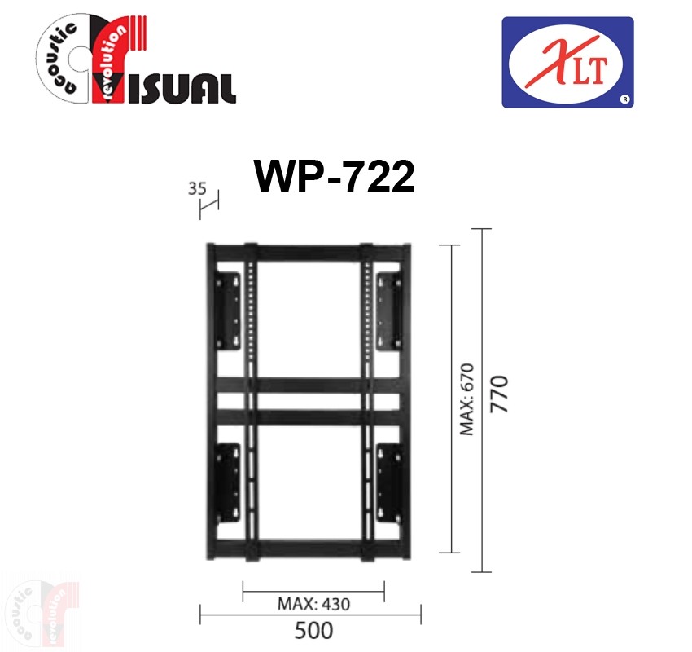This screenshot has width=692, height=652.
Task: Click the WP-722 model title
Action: [x=334, y=177]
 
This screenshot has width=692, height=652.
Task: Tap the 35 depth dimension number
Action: [x=197, y=188]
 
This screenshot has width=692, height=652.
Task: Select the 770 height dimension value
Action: [x=499, y=394]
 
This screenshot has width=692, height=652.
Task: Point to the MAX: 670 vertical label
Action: [x=466, y=399]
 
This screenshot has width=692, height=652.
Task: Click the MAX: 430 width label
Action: [x=313, y=604]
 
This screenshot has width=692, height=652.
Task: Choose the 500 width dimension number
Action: [x=313, y=630]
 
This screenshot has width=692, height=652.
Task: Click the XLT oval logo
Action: [x=567, y=62]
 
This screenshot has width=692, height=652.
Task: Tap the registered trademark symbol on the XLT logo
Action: [x=624, y=99]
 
